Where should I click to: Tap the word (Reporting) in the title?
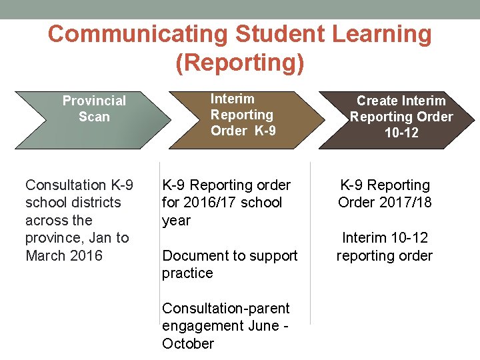240,63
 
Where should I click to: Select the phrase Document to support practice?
229,264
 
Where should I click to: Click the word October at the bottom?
188,344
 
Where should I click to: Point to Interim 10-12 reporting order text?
385,247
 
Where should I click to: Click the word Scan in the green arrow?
94,117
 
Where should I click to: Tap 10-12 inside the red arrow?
401,133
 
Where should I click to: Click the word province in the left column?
53,238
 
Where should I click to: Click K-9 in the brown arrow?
265,131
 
